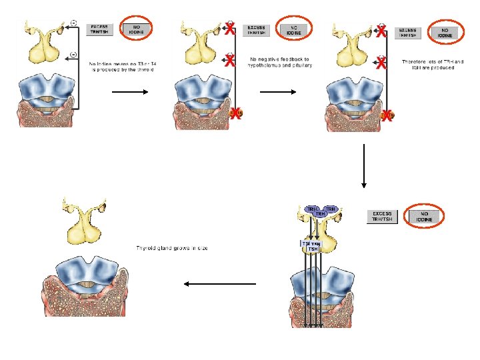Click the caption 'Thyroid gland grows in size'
pos(173,248)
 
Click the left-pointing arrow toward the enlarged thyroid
pos(219,284)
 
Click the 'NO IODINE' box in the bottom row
pos(424,216)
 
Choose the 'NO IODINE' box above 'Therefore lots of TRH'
pos(445,31)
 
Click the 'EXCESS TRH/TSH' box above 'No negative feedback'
pos(256,30)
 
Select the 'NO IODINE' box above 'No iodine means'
pos(137,29)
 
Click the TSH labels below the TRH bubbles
pos(311,246)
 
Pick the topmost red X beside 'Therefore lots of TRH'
pos(381,30)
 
